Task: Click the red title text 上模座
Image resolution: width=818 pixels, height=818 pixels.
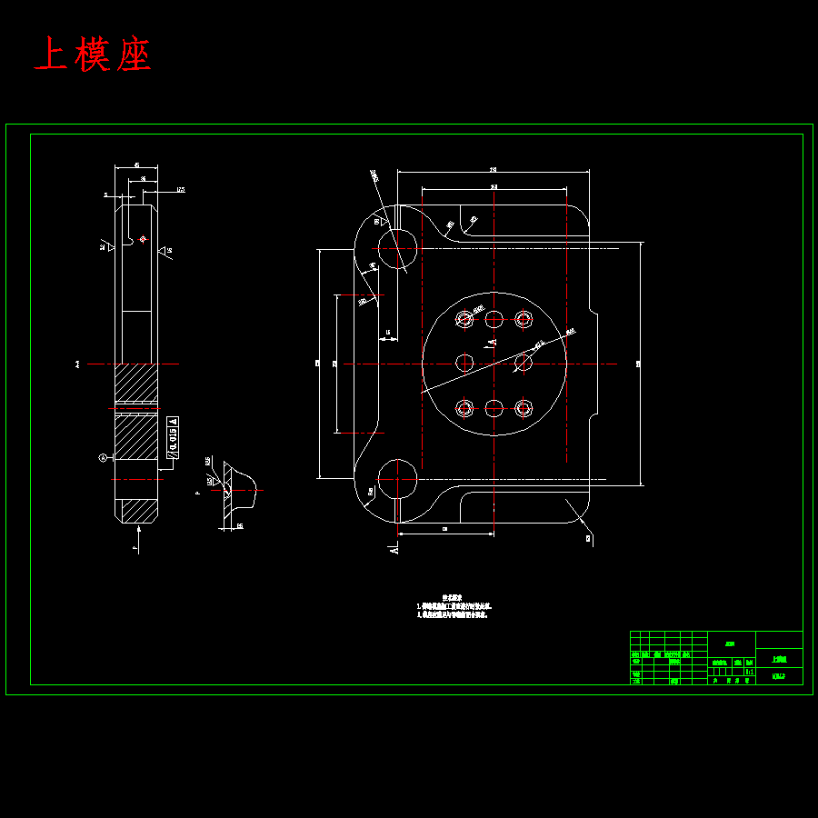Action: [x=92, y=55]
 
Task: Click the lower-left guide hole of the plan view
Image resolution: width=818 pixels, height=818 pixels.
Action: [x=397, y=478]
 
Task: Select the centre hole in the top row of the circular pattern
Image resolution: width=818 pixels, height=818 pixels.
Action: [x=494, y=319]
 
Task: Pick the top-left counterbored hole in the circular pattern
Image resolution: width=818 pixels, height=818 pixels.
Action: [x=465, y=319]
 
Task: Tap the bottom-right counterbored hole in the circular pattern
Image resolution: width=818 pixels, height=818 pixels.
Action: [x=523, y=408]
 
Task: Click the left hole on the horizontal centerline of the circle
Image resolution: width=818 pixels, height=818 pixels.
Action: [x=464, y=363]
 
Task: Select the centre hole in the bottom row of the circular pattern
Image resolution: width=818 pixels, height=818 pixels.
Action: [x=494, y=408]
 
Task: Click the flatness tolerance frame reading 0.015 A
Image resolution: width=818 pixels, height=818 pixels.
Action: [x=173, y=437]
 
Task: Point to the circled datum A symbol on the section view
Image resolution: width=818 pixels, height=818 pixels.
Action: [x=103, y=457]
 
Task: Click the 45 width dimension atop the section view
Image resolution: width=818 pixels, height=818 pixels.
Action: [x=136, y=165]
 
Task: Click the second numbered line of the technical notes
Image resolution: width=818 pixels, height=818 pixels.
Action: [x=453, y=615]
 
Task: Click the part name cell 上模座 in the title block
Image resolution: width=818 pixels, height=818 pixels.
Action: [x=779, y=660]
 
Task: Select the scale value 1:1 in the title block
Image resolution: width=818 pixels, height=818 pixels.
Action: [x=749, y=672]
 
